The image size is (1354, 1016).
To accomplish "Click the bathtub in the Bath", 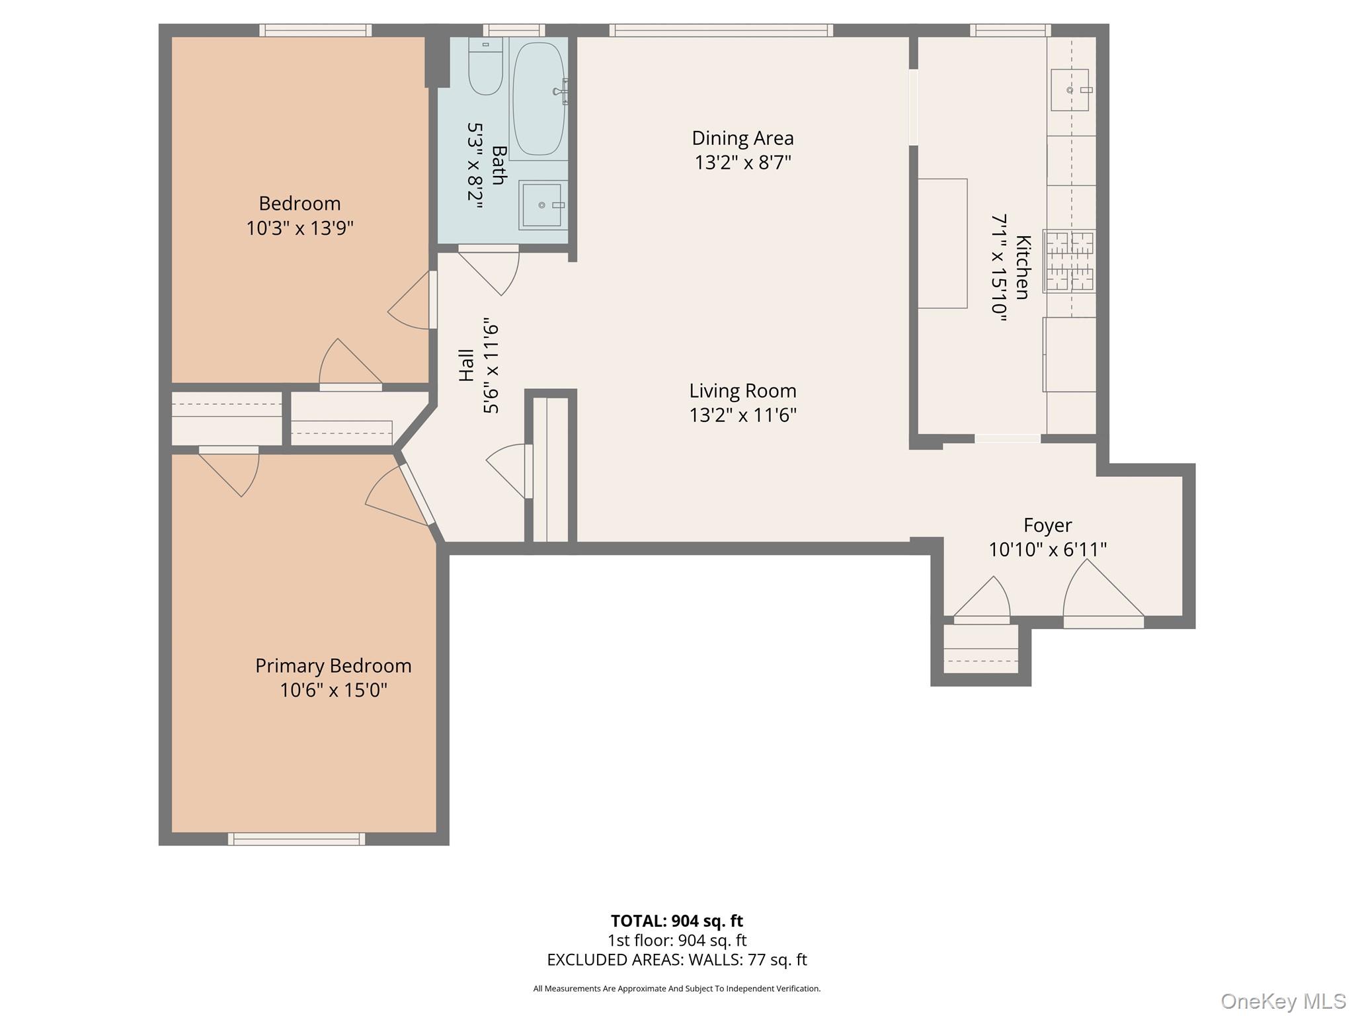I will tap(539, 99).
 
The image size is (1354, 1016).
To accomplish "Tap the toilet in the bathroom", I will tap(485, 66).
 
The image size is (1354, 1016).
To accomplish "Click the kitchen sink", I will tap(1070, 89).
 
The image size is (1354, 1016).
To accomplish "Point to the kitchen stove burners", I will tap(1069, 261).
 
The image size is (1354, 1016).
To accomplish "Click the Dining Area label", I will tap(742, 138).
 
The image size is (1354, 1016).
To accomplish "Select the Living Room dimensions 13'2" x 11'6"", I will tap(742, 415).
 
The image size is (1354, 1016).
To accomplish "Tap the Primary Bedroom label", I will tap(333, 665).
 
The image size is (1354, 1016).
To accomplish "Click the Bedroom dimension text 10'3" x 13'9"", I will tap(299, 228).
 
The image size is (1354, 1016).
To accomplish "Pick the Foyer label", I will tap(1047, 525).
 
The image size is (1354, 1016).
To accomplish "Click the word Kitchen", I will tap(1022, 267).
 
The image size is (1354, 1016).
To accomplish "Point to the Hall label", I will tap(466, 365).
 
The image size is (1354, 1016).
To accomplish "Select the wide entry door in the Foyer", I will tap(1103, 595).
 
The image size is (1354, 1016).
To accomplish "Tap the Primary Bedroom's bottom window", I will tap(296, 839).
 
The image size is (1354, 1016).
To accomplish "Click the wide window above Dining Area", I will tap(721, 30).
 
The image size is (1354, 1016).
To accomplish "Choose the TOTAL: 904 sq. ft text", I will tap(676, 921).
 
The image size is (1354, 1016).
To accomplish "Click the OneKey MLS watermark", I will tap(1283, 1001).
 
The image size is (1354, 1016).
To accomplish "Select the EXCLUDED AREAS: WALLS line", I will tap(676, 960).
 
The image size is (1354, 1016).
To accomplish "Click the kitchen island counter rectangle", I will tap(942, 243).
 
